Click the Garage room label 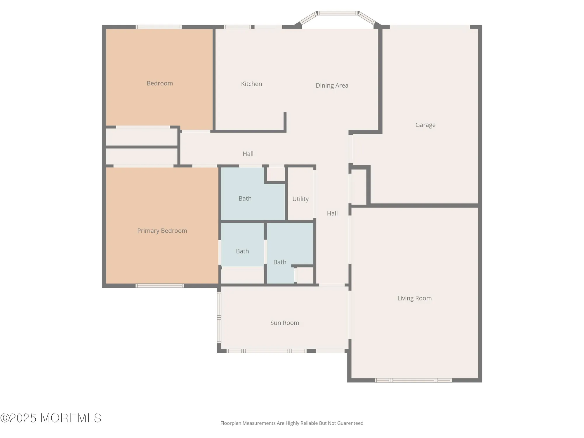tap(425, 125)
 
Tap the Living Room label tap(414, 298)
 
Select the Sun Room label tap(285, 323)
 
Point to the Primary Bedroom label tap(162, 231)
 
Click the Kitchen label tap(251, 84)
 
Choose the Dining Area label tap(332, 86)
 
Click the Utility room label tap(300, 199)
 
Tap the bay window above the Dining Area tap(338, 13)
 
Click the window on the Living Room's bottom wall tap(413, 380)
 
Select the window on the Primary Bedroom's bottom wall tap(160, 286)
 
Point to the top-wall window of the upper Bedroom tap(159, 27)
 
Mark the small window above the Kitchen tap(237, 27)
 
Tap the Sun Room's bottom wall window tap(266, 351)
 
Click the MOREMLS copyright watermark tap(51, 418)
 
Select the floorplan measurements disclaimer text tap(292, 423)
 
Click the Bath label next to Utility tap(245, 199)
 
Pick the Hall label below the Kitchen tap(248, 154)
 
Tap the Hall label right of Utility tap(332, 213)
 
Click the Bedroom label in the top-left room tap(159, 83)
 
